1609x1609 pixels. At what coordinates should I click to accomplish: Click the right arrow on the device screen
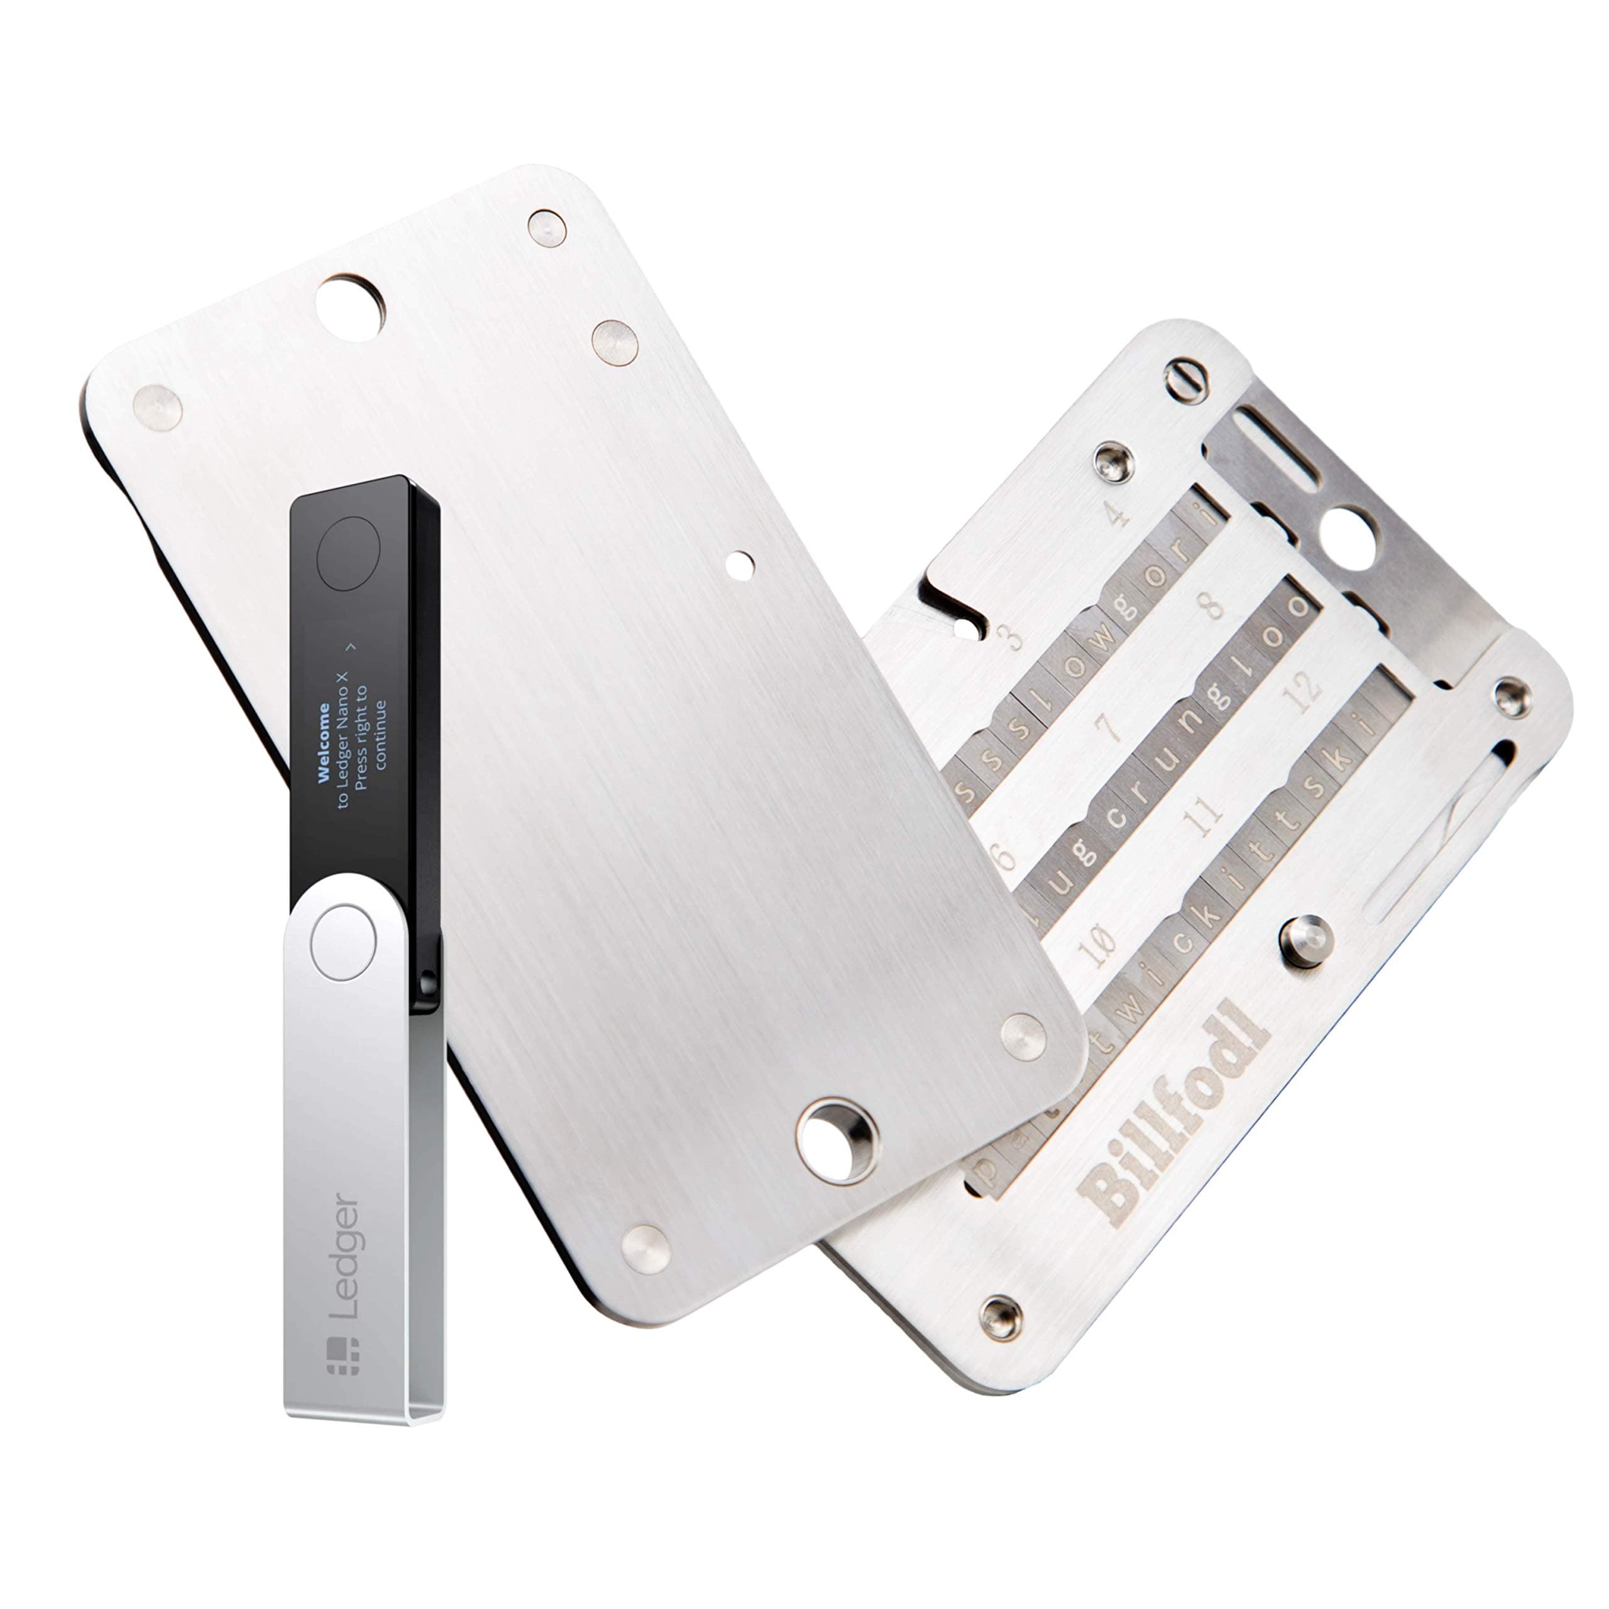[x=351, y=645]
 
